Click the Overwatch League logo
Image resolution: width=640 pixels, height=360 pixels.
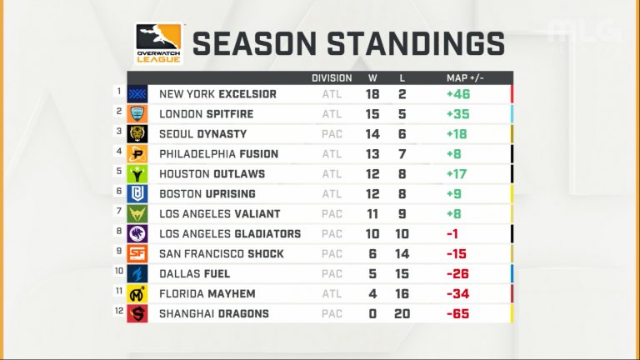pyautogui.click(x=159, y=43)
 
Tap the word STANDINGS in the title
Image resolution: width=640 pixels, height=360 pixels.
pyautogui.click(x=416, y=43)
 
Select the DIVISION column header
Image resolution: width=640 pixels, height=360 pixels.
pyautogui.click(x=332, y=78)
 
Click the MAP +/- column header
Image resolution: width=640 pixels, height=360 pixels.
pyautogui.click(x=465, y=78)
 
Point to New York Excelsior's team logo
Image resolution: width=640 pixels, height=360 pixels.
pyautogui.click(x=137, y=94)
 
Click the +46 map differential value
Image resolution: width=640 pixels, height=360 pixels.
pyautogui.click(x=458, y=94)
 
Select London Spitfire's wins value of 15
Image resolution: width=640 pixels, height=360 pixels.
pyautogui.click(x=372, y=114)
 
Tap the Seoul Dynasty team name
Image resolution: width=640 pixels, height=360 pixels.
pyautogui.click(x=202, y=134)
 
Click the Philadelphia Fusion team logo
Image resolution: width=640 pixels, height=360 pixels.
pyautogui.click(x=137, y=154)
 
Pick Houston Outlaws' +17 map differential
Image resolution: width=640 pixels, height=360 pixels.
pyautogui.click(x=457, y=174)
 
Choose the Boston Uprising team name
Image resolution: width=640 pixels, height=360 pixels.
pyautogui.click(x=207, y=194)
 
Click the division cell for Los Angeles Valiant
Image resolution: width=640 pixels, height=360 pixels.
pyautogui.click(x=332, y=214)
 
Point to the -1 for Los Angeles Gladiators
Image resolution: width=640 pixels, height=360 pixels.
pyautogui.click(x=452, y=234)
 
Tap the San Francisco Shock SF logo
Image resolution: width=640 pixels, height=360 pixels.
pyautogui.click(x=137, y=254)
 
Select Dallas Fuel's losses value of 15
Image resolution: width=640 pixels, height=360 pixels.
pyautogui.click(x=402, y=274)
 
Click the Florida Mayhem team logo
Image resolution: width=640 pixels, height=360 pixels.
pyautogui.click(x=137, y=294)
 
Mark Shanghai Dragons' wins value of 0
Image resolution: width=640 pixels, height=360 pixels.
pyautogui.click(x=372, y=314)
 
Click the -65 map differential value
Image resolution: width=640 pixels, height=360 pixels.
pyautogui.click(x=458, y=314)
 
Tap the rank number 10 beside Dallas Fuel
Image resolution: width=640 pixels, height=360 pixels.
pyautogui.click(x=119, y=271)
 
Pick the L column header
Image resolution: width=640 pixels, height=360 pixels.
pyautogui.click(x=402, y=78)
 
